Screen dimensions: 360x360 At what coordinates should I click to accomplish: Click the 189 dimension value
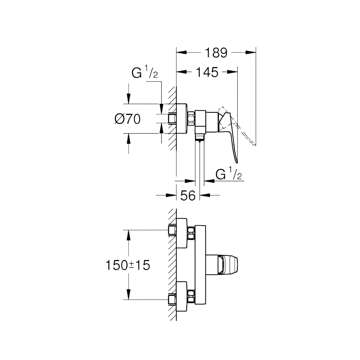pos(216,53)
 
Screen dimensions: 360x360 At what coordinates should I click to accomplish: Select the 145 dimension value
pos(207,72)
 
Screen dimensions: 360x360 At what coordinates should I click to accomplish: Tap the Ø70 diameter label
pos(127,119)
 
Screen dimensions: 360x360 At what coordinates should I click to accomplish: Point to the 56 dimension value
pos(188,195)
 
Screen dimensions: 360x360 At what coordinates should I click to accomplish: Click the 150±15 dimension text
pos(128,265)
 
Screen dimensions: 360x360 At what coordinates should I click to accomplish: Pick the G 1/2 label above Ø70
pos(145,73)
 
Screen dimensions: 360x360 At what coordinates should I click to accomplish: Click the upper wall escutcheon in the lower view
pos(182,233)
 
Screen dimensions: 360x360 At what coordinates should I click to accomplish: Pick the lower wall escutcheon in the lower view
pos(182,296)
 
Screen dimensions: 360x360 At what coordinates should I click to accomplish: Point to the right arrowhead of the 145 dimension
pos(232,72)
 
